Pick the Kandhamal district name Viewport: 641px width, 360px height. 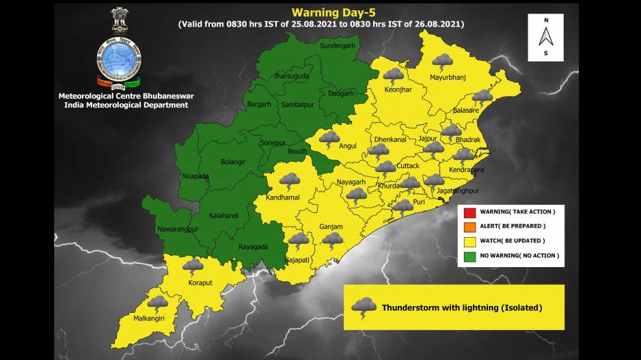click(x=283, y=197)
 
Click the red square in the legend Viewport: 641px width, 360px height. click(x=469, y=212)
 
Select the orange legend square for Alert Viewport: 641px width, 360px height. click(x=469, y=226)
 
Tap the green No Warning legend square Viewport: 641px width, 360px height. click(x=469, y=255)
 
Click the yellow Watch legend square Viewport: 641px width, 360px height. click(x=469, y=240)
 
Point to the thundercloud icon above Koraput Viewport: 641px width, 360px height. click(x=193, y=266)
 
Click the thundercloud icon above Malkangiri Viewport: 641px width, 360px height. click(x=158, y=304)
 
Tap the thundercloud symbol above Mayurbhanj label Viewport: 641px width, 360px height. click(x=442, y=62)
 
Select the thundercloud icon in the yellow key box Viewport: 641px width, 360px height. click(x=364, y=307)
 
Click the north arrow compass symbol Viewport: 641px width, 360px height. click(x=545, y=36)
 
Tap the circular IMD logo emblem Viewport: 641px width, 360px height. click(x=119, y=61)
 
